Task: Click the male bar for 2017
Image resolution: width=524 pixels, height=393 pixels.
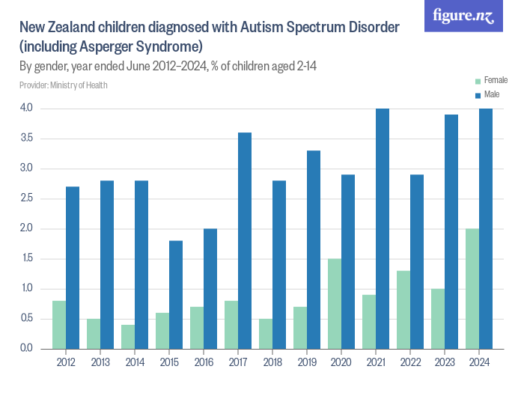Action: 245,240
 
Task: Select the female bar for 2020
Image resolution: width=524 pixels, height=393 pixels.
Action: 335,303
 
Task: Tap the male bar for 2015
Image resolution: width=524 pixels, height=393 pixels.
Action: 176,294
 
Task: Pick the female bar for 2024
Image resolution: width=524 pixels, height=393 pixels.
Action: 472,288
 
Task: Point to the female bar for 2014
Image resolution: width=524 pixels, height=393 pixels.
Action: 128,336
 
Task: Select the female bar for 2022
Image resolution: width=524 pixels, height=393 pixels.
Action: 403,309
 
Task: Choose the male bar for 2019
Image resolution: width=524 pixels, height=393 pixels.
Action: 314,249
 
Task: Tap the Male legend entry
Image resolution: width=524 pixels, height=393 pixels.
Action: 491,94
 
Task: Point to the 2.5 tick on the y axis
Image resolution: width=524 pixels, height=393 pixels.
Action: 27,198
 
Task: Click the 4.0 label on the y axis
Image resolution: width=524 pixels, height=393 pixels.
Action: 27,109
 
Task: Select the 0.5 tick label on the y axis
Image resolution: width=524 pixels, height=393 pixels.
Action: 27,318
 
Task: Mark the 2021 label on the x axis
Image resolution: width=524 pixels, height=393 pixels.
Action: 376,363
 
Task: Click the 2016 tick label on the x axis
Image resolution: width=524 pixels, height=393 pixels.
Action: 204,363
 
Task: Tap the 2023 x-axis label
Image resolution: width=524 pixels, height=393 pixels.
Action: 445,363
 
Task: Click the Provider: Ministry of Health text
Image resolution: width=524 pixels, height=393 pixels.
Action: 64,85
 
